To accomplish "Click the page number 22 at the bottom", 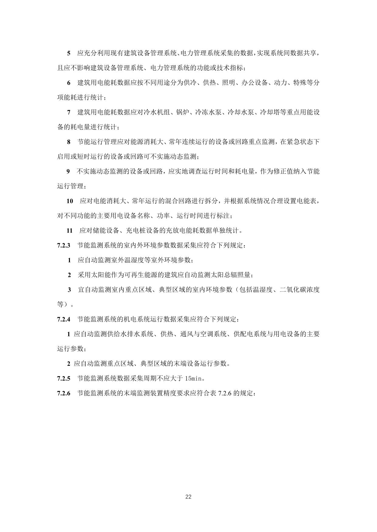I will (x=188, y=497).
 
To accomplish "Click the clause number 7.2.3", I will (x=63, y=245).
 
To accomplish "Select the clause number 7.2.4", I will (x=63, y=319).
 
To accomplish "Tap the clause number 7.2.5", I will (x=63, y=379).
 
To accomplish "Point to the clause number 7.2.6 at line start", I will (x=63, y=393).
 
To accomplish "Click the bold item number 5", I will (x=69, y=53).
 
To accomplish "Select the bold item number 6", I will (x=69, y=83).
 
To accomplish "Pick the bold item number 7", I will (x=69, y=113).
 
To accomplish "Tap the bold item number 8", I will (x=69, y=142).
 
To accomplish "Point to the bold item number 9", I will (x=69, y=172).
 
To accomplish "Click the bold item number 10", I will (x=70, y=201).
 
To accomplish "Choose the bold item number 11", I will (x=70, y=231).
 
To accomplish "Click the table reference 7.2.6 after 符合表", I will (x=225, y=393).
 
